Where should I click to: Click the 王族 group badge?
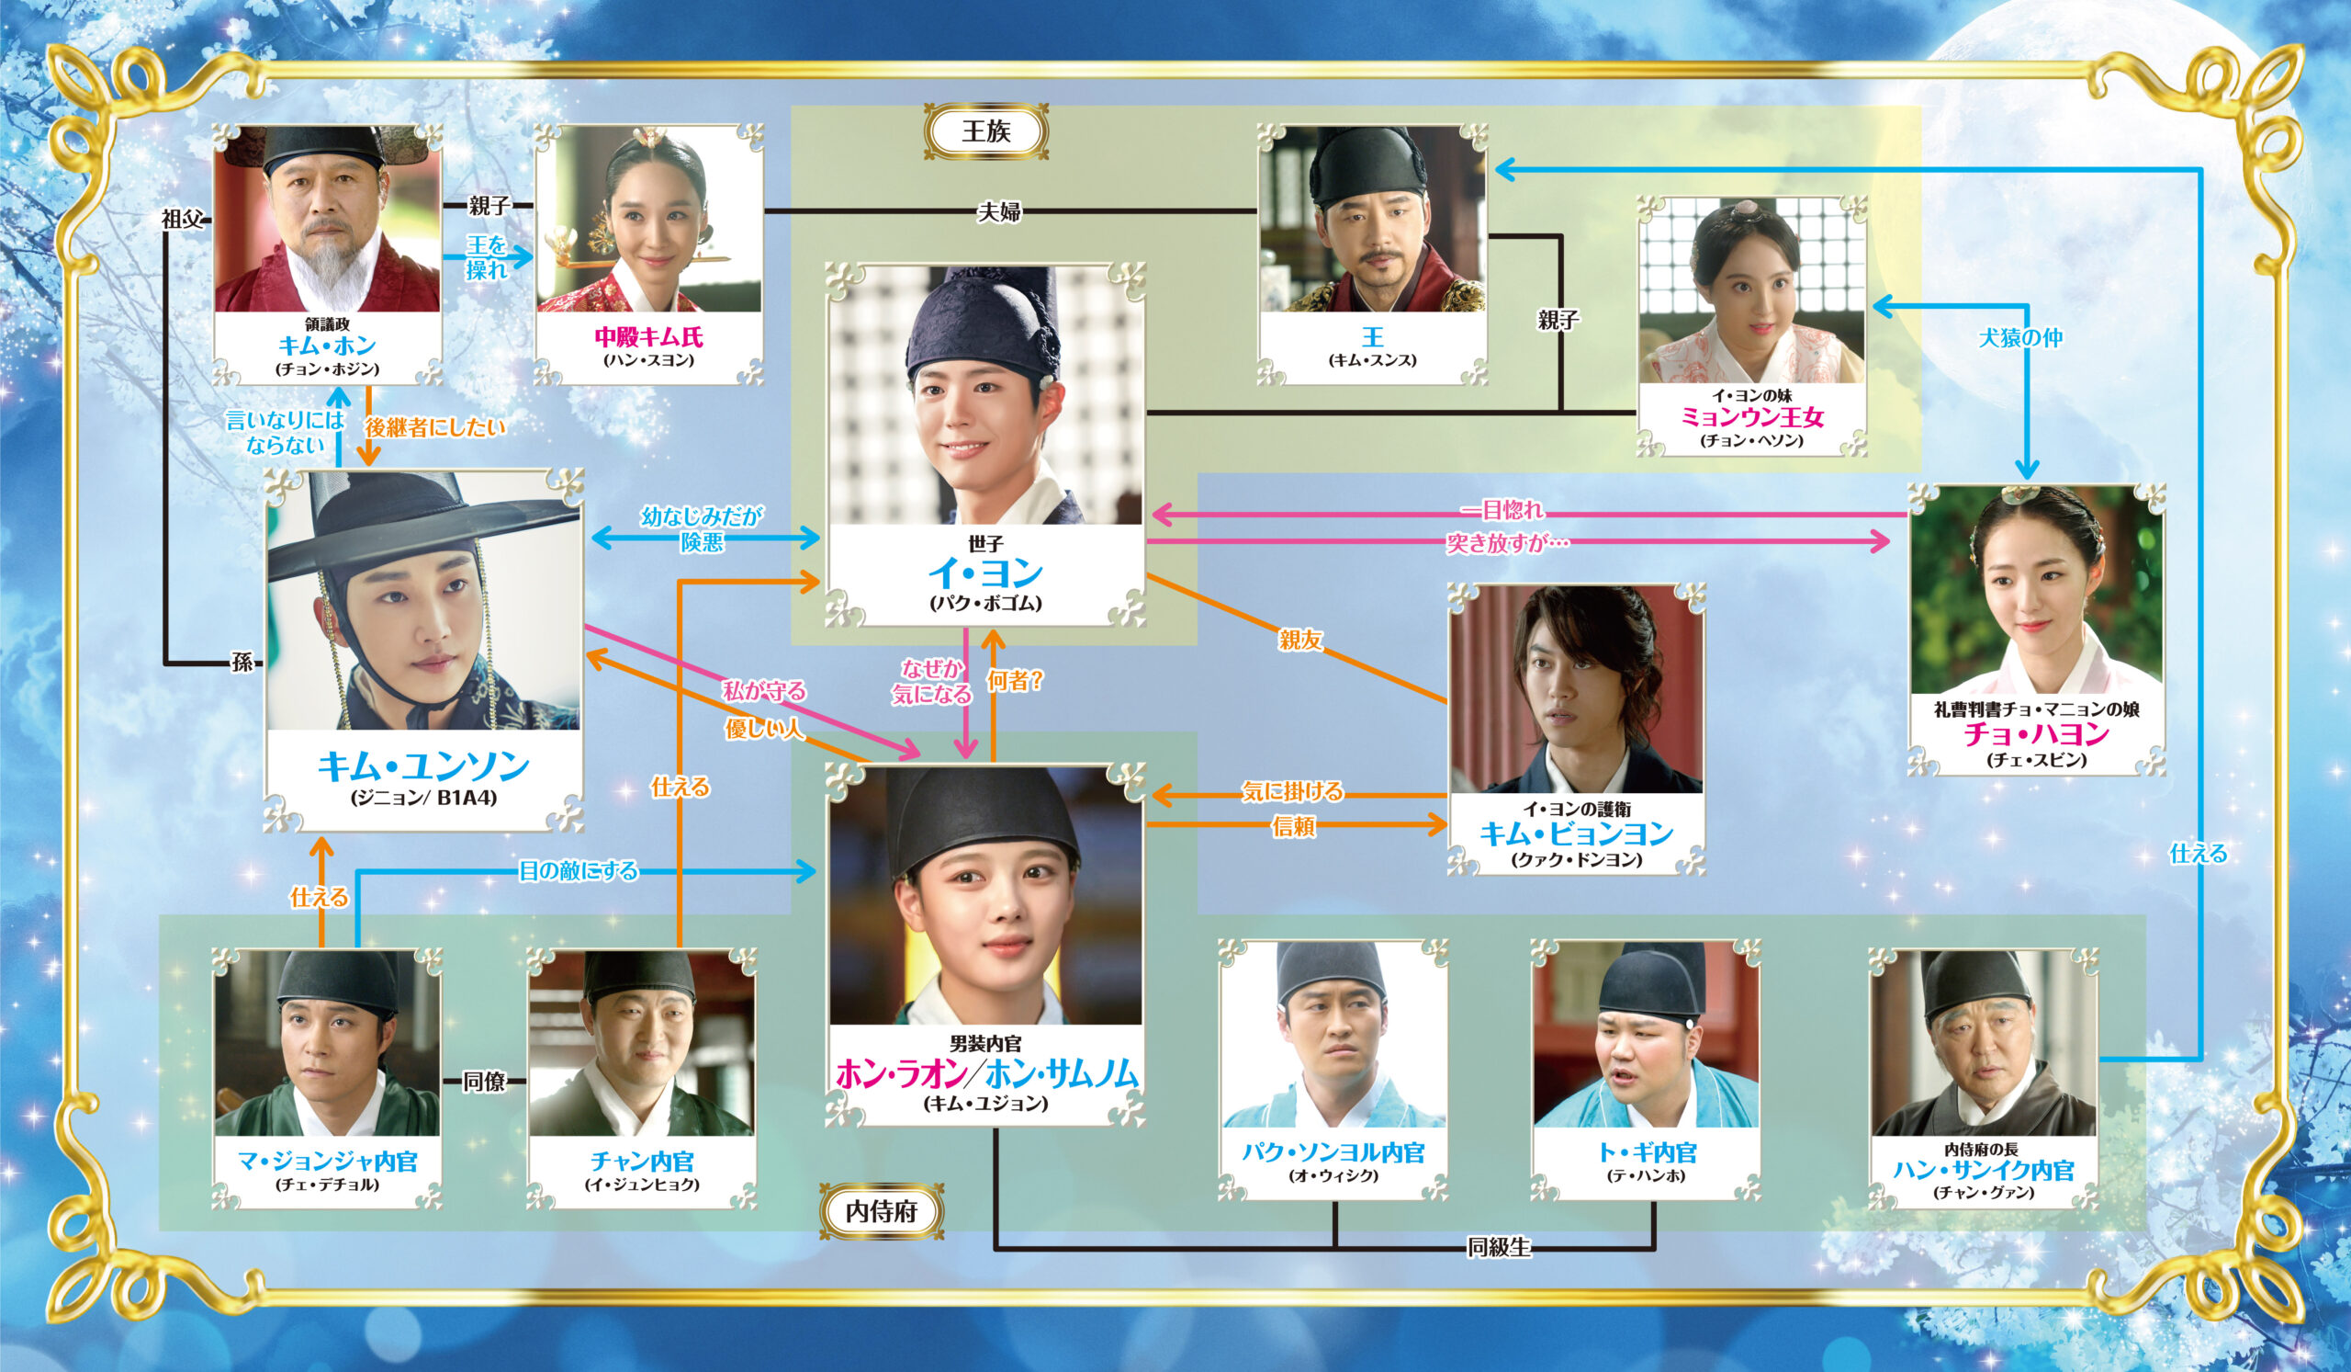pos(985,131)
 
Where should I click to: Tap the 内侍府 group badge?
pos(881,1211)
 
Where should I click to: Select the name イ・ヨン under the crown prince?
pos(985,573)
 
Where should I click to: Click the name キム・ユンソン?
pos(423,767)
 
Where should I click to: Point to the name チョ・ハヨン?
pos(2036,734)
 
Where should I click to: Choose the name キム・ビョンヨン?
pos(1576,833)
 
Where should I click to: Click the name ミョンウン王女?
pos(1751,417)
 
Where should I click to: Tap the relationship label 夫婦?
pos(998,213)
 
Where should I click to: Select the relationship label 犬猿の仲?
pos(2020,338)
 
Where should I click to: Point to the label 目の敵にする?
pos(579,871)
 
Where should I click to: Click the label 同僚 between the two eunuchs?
pos(484,1081)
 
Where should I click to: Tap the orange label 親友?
pos(1300,641)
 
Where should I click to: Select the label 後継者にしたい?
pos(435,427)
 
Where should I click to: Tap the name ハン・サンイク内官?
pos(1984,1171)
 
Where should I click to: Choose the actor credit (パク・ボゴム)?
pos(985,604)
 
